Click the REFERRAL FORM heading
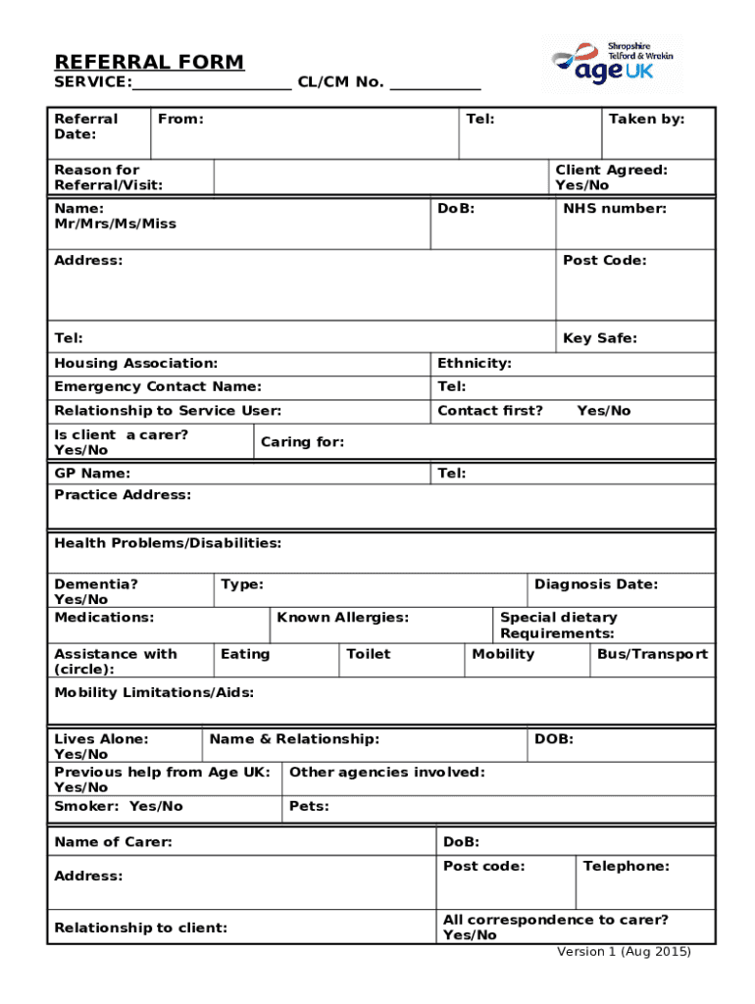[x=149, y=63]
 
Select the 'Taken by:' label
[x=646, y=120]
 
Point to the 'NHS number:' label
[x=614, y=209]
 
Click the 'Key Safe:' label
[x=599, y=338]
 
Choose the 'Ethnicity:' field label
[x=475, y=364]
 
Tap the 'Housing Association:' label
[x=136, y=364]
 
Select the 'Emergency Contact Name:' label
[x=158, y=387]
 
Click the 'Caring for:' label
[x=302, y=442]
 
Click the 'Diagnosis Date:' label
[x=596, y=584]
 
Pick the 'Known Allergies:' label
[x=342, y=618]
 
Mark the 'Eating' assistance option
[x=245, y=654]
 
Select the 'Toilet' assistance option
[x=368, y=654]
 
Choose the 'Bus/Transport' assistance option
[x=652, y=654]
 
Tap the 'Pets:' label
[x=309, y=807]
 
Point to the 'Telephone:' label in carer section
[x=626, y=867]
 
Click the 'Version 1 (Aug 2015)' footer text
[x=624, y=952]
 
